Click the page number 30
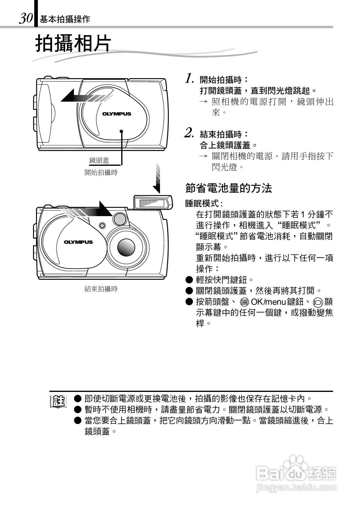(26, 18)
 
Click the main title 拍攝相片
(73, 44)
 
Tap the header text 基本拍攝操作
(65, 19)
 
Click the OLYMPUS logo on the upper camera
(117, 114)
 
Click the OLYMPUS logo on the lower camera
(78, 242)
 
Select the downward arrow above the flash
(157, 179)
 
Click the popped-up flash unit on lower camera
(153, 202)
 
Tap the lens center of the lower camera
(126, 247)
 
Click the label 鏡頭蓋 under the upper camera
(99, 161)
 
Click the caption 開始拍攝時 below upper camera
(101, 173)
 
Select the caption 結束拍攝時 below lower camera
(101, 289)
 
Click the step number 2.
(189, 132)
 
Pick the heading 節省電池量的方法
(228, 188)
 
